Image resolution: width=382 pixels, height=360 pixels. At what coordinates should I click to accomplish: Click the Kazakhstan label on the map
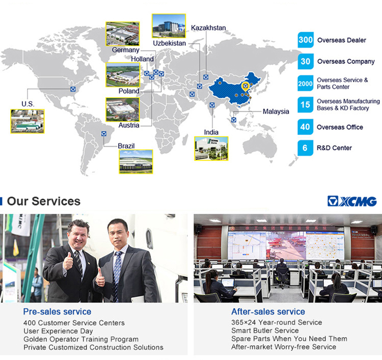208,28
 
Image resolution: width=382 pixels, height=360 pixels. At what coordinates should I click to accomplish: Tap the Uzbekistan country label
169,43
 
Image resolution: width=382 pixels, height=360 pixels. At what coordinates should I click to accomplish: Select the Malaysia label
276,112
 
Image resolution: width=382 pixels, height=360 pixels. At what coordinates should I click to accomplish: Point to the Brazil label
126,146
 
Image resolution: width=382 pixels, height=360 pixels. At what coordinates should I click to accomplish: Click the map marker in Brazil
104,133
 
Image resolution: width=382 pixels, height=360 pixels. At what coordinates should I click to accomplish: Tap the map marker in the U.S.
73,89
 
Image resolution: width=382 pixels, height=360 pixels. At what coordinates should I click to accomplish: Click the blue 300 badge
306,40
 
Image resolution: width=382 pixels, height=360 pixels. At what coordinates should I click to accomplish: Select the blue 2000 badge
306,84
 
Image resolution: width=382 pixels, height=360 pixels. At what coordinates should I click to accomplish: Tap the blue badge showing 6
305,148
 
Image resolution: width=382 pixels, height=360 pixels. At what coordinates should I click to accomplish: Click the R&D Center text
334,148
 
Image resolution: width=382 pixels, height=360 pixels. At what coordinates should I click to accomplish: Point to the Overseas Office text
340,127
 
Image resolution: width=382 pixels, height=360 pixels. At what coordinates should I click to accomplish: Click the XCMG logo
352,201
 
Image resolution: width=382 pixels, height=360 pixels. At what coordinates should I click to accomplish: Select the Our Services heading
44,201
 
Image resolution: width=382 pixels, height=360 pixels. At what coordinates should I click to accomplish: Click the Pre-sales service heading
57,312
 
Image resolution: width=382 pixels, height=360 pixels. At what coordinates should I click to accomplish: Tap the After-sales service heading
268,312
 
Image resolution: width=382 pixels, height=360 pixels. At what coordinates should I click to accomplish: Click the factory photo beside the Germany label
123,34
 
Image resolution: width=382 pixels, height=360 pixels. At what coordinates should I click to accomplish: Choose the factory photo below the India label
211,149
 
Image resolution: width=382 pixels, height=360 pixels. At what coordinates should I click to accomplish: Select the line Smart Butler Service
265,330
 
